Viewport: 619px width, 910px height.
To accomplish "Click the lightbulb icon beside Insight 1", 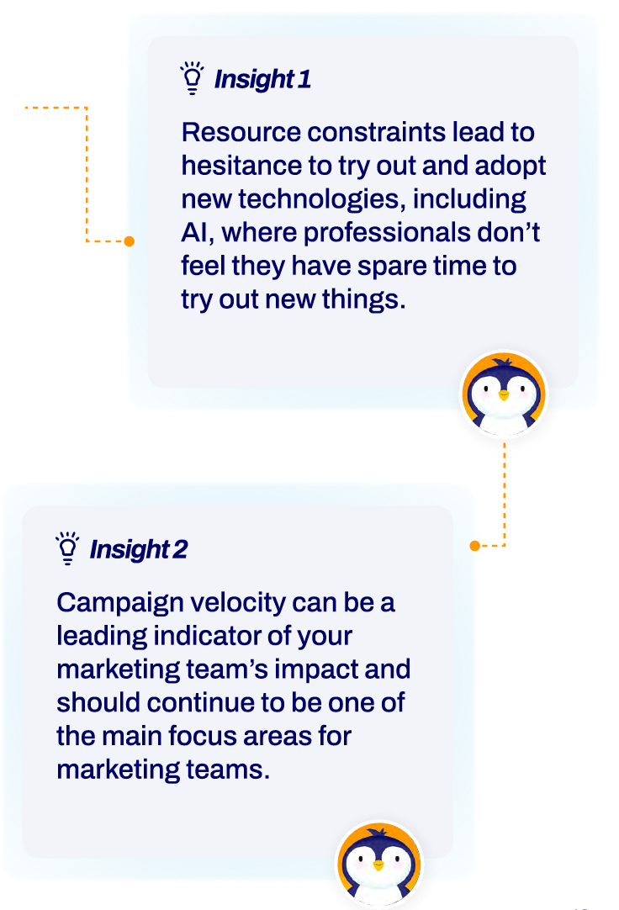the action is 192,77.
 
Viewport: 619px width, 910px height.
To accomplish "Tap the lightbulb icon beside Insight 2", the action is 67,548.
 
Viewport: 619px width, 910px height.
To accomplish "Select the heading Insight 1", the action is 262,80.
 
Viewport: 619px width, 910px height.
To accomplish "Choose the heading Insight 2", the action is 139,549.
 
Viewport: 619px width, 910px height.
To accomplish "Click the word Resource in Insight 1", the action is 241,132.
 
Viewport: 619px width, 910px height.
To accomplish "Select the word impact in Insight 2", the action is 317,669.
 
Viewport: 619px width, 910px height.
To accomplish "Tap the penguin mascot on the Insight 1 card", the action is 504,394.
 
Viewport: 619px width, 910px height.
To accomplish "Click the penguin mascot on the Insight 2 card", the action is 379,864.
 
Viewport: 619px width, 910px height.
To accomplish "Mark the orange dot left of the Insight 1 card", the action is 130,241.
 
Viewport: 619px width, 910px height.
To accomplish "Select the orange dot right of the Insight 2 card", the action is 474,546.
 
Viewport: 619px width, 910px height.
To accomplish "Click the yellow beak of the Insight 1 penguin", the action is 504,395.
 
